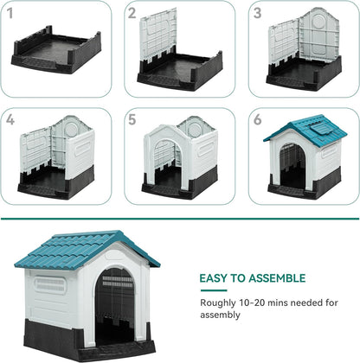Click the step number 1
[10, 14]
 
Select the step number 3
[258, 14]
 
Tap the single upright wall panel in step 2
[159, 35]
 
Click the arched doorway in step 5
[166, 160]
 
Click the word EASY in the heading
[215, 278]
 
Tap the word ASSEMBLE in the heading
[274, 278]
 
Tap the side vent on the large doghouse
[51, 283]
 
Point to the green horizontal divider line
[180, 219]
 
